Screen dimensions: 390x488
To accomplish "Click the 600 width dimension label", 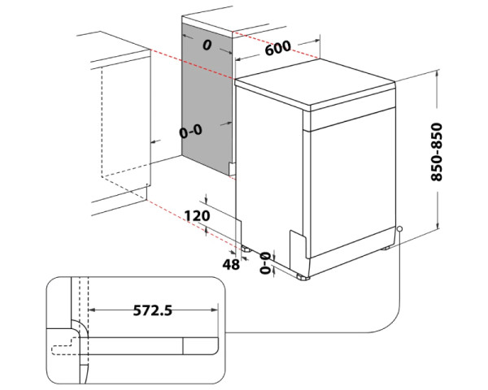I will (x=277, y=48).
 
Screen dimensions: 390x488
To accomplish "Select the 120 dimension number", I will (x=198, y=216).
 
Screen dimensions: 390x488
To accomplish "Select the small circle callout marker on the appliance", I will (x=400, y=228).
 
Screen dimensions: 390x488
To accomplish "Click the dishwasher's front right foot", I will (x=306, y=277).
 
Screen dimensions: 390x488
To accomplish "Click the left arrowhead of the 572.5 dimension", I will (x=89, y=310).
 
